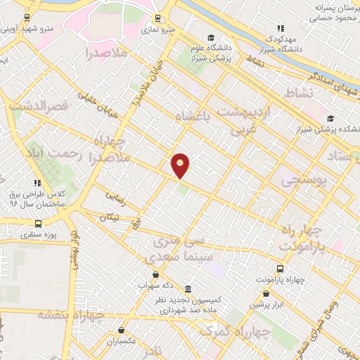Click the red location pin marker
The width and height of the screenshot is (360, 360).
pyautogui.click(x=181, y=165)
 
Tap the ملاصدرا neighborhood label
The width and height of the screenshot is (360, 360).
pyautogui.click(x=106, y=53)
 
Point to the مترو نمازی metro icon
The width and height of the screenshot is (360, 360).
pyautogui.click(x=155, y=19)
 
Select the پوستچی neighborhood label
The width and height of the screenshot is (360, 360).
pyautogui.click(x=304, y=181)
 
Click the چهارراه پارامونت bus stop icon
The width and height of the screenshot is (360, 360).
pyautogui.click(x=281, y=269)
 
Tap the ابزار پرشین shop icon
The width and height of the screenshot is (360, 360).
pyautogui.click(x=266, y=294)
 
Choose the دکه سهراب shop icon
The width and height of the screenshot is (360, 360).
pyautogui.click(x=155, y=275)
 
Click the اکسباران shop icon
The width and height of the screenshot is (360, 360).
pyautogui.click(x=122, y=330)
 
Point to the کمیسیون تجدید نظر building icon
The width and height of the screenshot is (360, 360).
pyautogui.click(x=188, y=289)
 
